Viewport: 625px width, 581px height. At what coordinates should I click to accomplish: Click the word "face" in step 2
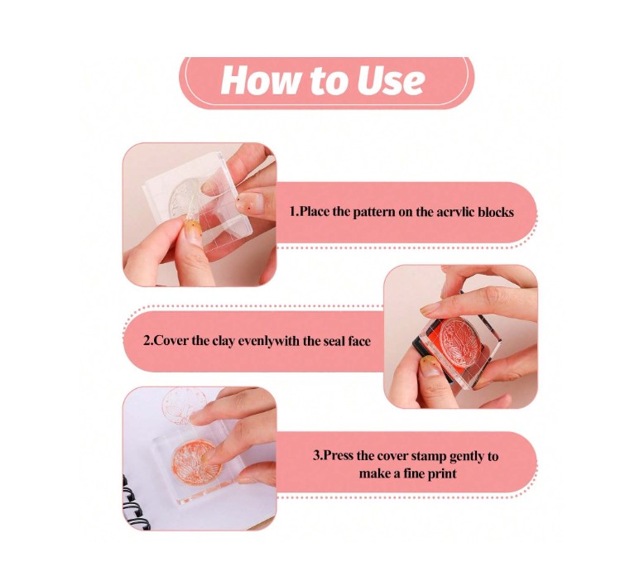pos(358,342)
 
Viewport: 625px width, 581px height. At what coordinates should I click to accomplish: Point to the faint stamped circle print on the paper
pos(185,405)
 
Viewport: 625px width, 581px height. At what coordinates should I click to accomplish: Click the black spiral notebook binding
pos(134,503)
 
